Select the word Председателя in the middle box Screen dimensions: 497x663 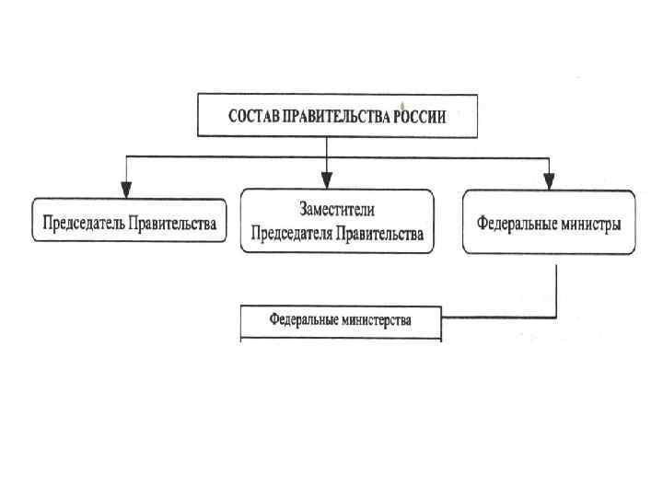(291, 234)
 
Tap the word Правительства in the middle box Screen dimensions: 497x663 (379, 234)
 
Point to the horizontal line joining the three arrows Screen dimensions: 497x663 (230, 157)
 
